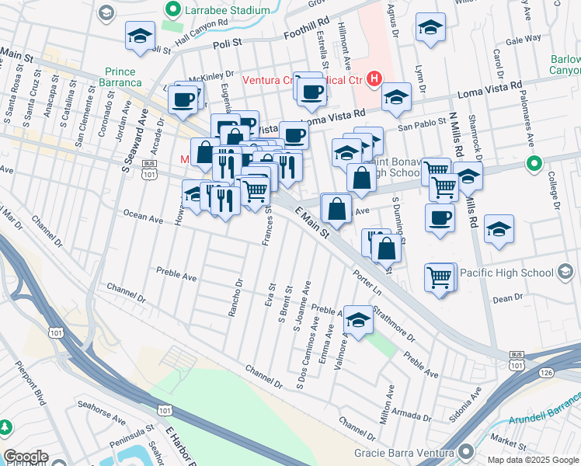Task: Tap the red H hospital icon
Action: pos(374,78)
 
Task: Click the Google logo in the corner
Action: pos(26,457)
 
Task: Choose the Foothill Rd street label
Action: pos(287,33)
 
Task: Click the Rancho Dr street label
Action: pos(235,299)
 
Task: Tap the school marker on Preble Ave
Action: pos(358,319)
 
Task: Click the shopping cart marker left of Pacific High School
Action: pos(439,276)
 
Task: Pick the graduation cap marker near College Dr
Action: pos(499,228)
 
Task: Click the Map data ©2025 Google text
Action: pos(532,460)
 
